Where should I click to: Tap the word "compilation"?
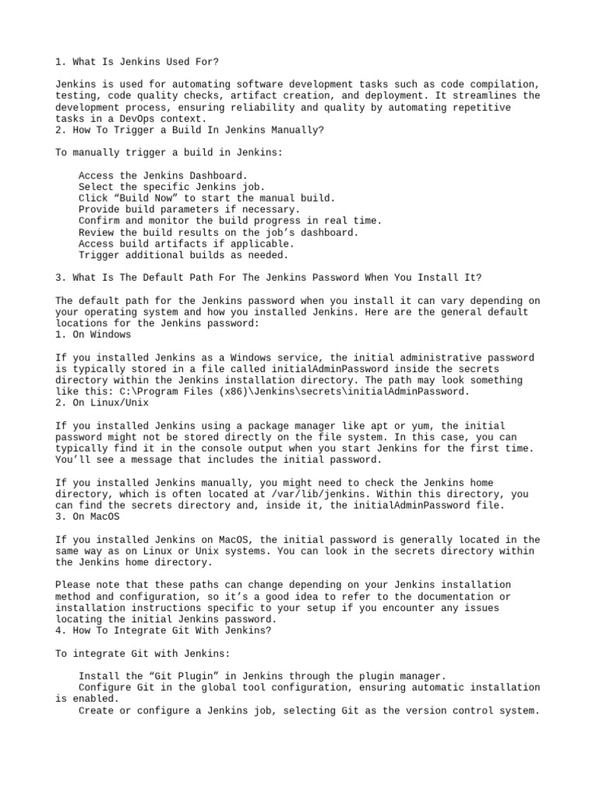506,84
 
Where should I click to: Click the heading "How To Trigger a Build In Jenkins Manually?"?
190,130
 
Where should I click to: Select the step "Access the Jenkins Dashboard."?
163,176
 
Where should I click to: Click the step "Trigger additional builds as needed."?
183,255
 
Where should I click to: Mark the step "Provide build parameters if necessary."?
189,209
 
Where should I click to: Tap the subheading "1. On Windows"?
93,335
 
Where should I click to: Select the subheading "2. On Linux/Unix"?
102,403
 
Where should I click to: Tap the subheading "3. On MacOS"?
88,516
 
